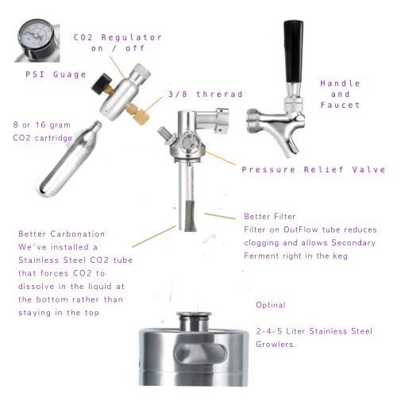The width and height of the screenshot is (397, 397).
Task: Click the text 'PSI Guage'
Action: [x=52, y=74]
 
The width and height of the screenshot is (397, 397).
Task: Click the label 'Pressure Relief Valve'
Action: [x=313, y=169]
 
